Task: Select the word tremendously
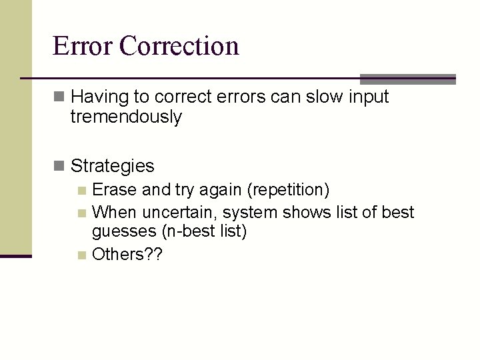pyautogui.click(x=126, y=117)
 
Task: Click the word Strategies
pyautogui.click(x=112, y=165)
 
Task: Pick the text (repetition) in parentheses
pyautogui.click(x=288, y=190)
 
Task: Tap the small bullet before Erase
pyautogui.click(x=81, y=191)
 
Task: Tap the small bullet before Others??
pyautogui.click(x=81, y=254)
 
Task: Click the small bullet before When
pyautogui.click(x=81, y=213)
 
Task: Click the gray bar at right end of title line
pyautogui.click(x=407, y=78)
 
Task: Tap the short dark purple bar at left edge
pyautogui.click(x=15, y=255)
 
